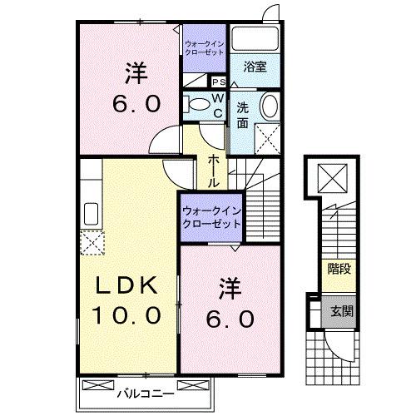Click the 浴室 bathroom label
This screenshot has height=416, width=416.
[x=255, y=67]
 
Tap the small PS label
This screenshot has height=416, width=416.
[x=219, y=82]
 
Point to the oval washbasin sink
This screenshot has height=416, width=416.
[x=270, y=106]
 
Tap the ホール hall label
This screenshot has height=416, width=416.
[x=214, y=171]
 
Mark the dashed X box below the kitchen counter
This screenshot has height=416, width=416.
[x=92, y=240]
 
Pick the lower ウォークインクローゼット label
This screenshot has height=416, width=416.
[x=211, y=217]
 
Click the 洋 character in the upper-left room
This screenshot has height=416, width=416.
[x=136, y=72]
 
